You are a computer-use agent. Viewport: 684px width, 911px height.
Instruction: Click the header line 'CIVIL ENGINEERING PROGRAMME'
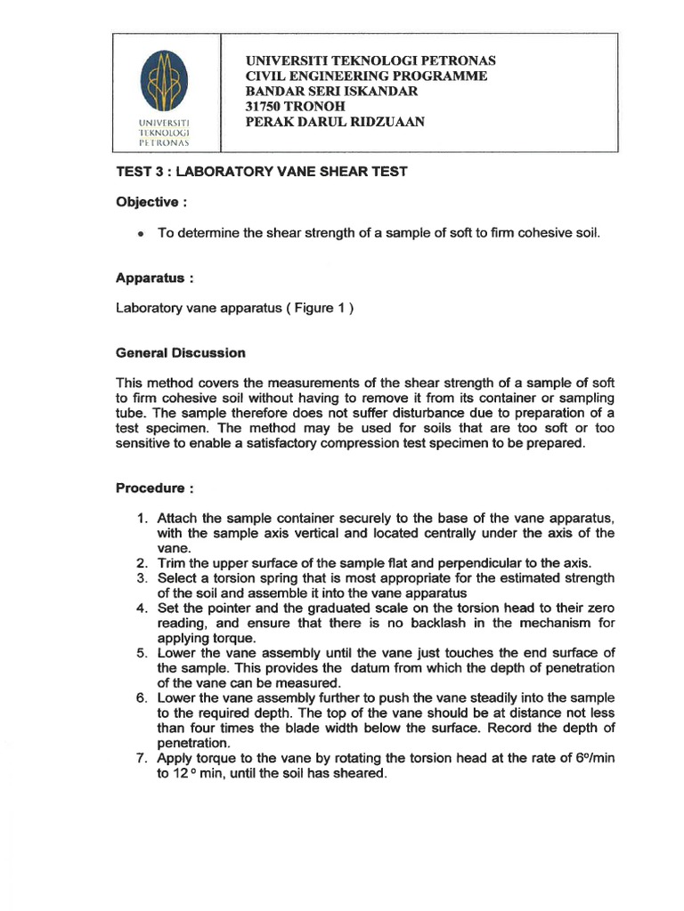366,77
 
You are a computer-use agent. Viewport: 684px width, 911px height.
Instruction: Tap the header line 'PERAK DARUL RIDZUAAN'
335,122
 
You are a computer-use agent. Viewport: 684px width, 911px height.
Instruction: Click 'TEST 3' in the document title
139,172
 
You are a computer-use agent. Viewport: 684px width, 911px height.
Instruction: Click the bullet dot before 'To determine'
141,233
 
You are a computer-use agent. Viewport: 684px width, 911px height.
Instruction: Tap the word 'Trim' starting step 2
171,563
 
